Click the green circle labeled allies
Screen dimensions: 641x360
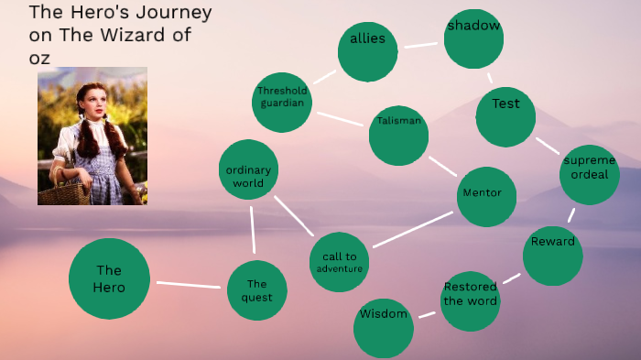[x=367, y=51]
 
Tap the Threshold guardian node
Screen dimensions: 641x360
[x=282, y=102]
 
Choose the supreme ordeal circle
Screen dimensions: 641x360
[x=589, y=174]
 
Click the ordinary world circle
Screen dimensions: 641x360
[x=248, y=169]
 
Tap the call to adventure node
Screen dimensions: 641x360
[x=340, y=262]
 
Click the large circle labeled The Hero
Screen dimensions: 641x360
[x=109, y=278]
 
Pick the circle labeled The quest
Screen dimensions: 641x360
[x=256, y=290]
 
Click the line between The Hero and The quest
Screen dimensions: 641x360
[x=188, y=285]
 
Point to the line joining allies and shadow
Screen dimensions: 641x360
[x=420, y=44]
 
